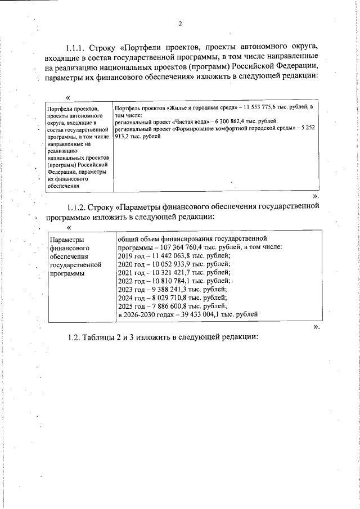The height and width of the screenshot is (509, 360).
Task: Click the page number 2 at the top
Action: coord(180,24)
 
